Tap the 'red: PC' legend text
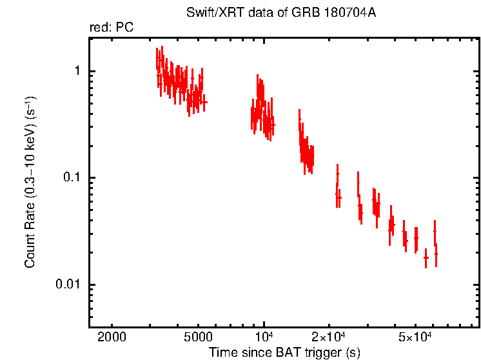coord(111,28)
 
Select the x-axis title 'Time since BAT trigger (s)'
coord(284,352)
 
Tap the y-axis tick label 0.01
coord(67,285)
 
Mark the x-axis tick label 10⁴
coord(265,337)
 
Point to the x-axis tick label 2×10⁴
coord(329,337)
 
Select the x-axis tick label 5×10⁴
coord(415,337)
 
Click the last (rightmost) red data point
coord(437,254)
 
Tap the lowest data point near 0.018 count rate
coord(426,257)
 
